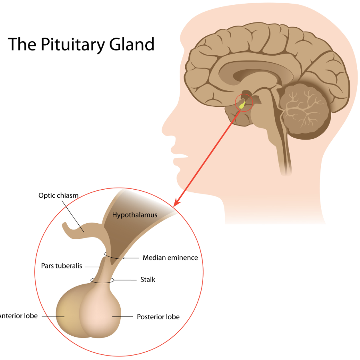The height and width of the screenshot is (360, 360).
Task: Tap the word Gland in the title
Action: point(135,44)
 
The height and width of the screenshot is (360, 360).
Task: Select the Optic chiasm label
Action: point(58,196)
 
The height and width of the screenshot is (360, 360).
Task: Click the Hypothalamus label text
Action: point(135,215)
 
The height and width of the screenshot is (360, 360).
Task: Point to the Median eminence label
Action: point(170,258)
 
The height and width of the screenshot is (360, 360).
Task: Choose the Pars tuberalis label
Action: point(62,266)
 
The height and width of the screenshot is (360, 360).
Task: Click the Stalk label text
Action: point(148,280)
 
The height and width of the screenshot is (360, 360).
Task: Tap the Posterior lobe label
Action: point(158,317)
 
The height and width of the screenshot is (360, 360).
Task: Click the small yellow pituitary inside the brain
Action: point(242,105)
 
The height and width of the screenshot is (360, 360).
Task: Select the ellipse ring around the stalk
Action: point(102,280)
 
